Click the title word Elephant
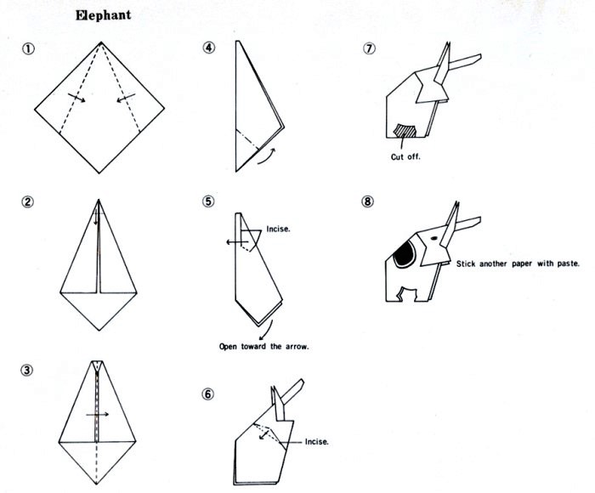(x=103, y=15)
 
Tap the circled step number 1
(x=28, y=48)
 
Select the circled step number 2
(x=27, y=201)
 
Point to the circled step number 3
(x=26, y=370)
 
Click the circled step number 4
(x=209, y=48)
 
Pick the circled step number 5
(x=208, y=201)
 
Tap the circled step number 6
(x=207, y=394)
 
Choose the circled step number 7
(x=369, y=48)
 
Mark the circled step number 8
(x=367, y=201)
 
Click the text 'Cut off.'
(x=405, y=156)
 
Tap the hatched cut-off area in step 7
(x=405, y=131)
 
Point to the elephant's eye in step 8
(x=433, y=238)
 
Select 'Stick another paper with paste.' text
(x=518, y=263)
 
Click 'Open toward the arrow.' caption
(x=264, y=347)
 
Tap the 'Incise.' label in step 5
(x=278, y=229)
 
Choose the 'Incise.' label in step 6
(x=317, y=442)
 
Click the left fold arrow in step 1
(x=76, y=97)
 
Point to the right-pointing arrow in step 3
(x=98, y=414)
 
